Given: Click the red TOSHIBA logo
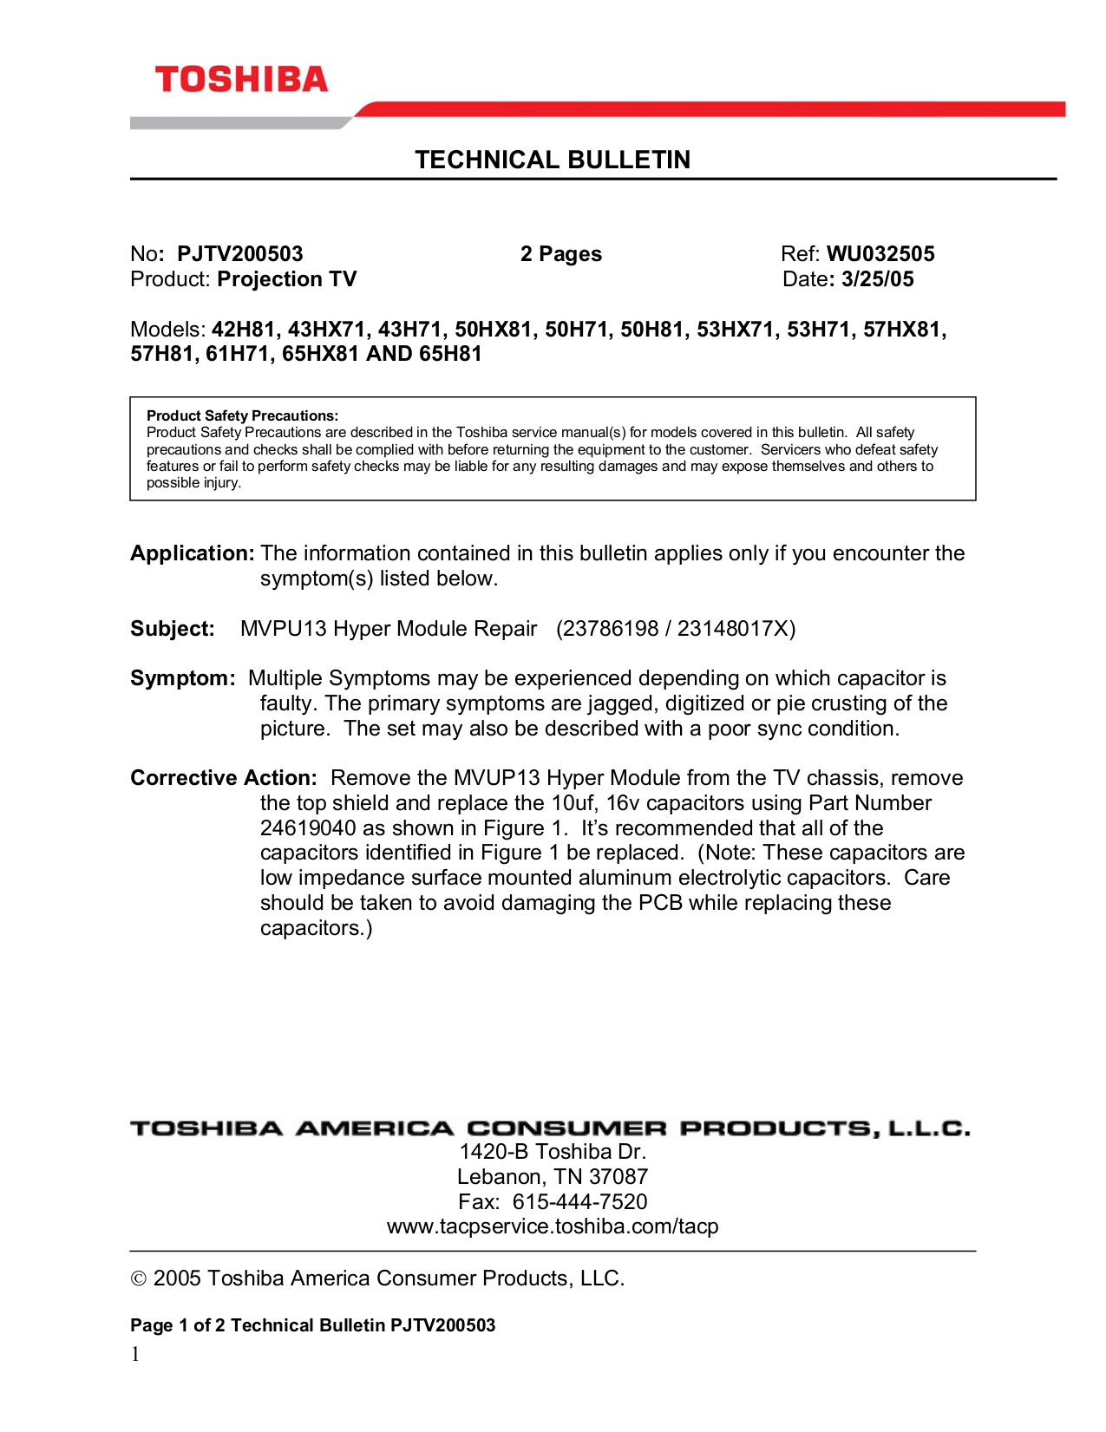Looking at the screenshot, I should [x=241, y=80].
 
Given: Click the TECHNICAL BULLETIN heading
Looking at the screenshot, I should [x=553, y=160].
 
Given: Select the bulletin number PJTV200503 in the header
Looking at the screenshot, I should [x=240, y=254].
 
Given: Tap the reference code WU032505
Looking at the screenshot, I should [x=880, y=254].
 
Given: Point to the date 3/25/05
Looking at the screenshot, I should [x=878, y=279].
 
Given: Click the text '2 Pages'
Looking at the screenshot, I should [x=560, y=254].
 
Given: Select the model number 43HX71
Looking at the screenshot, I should [x=326, y=330].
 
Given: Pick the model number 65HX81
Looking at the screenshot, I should [x=320, y=354].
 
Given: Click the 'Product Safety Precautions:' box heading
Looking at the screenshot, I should [x=242, y=415].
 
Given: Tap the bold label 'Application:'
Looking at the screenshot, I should [x=192, y=553].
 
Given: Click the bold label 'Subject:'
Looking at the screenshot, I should [x=173, y=629].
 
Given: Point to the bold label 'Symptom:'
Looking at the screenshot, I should [x=182, y=678].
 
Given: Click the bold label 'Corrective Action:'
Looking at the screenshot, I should [x=224, y=778].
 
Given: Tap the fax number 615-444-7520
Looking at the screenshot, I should [x=579, y=1202].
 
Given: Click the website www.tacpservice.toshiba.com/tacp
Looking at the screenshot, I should [x=553, y=1226].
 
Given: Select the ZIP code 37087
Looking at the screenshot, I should [x=618, y=1177].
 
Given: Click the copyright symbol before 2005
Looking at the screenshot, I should [x=138, y=1279].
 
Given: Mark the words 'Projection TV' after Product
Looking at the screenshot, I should [x=287, y=279].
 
